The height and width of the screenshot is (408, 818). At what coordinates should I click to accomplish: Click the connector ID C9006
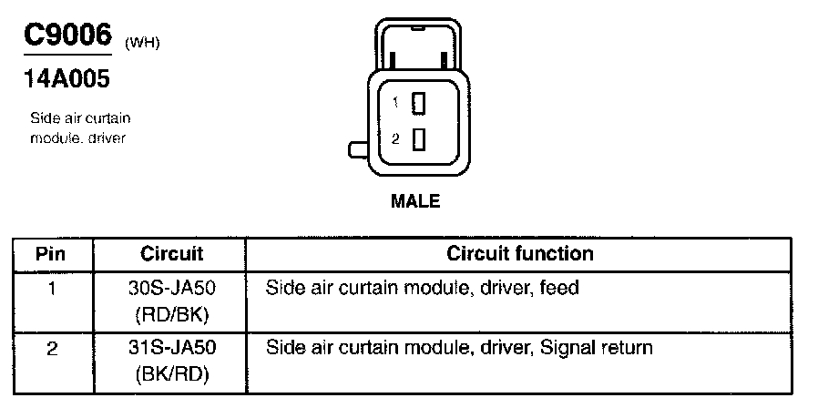(x=66, y=37)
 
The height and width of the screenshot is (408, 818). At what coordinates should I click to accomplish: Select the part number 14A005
(x=66, y=80)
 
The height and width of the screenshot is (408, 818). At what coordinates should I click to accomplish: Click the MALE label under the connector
(x=414, y=201)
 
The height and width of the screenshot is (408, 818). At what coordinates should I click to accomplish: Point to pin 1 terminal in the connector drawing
(x=419, y=104)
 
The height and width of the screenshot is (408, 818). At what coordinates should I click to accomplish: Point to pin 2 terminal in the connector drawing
(x=419, y=139)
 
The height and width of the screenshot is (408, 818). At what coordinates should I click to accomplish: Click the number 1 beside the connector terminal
(x=395, y=104)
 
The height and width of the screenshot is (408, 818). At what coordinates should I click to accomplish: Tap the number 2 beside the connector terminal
(x=395, y=139)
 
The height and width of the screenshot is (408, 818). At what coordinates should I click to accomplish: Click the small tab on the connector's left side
(x=357, y=148)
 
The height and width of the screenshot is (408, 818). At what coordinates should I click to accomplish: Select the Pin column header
(x=52, y=254)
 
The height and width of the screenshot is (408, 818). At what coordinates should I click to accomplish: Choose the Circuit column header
(x=172, y=254)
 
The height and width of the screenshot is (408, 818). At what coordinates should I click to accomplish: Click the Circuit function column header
(x=519, y=254)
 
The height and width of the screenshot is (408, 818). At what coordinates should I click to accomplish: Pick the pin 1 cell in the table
(x=52, y=289)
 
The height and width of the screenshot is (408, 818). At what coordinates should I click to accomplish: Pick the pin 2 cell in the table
(x=52, y=348)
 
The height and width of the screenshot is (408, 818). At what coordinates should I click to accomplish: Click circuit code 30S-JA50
(x=172, y=289)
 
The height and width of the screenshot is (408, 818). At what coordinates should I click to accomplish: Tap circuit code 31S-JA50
(x=172, y=348)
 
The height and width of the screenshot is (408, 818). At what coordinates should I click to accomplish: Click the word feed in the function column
(x=559, y=289)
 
